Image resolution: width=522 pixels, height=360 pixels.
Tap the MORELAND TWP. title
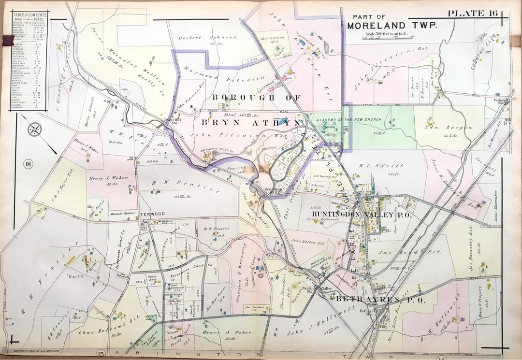point(391,25)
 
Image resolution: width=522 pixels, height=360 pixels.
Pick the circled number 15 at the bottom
point(100,355)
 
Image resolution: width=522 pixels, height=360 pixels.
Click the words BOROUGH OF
point(256,98)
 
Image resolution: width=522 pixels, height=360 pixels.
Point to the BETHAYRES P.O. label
point(379,300)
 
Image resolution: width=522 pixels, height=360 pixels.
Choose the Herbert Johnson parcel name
point(208,37)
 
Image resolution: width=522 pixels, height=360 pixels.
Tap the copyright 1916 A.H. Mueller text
point(36,351)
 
